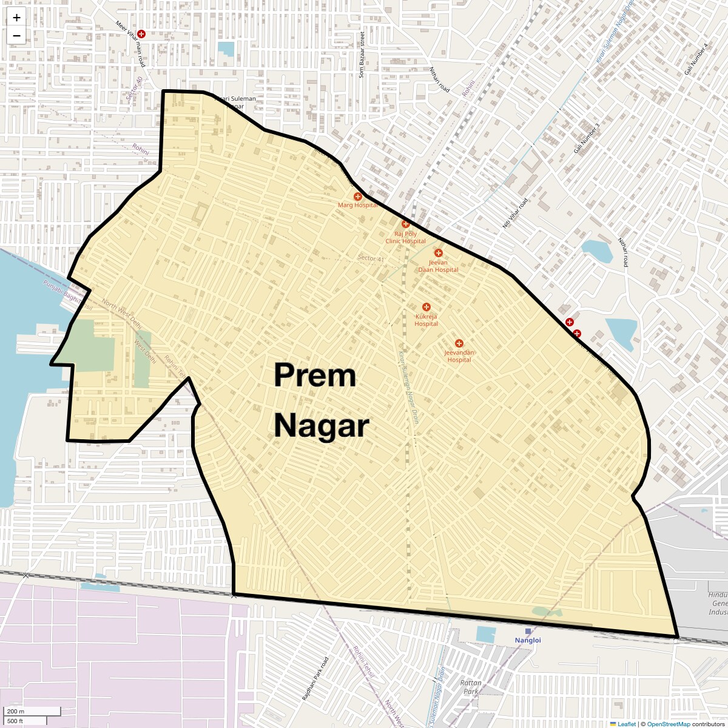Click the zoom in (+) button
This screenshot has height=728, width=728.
point(16,18)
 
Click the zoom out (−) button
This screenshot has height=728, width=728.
point(16,36)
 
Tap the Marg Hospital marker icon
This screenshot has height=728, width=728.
point(358,197)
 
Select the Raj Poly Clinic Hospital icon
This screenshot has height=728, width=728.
point(406,224)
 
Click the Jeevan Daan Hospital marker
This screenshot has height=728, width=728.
point(439,253)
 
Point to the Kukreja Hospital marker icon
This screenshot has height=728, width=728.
point(426,308)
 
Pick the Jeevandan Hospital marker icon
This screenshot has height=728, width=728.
point(459,344)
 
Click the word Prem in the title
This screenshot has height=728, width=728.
point(315,376)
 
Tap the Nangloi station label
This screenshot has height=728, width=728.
point(528,640)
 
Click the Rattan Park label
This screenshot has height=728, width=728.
point(471,687)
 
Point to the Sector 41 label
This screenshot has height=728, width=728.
point(371,258)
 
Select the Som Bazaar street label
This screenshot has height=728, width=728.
point(362,55)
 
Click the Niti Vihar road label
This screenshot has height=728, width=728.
point(514,214)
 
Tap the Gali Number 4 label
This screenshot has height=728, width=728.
point(696,60)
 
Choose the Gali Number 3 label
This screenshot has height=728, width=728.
point(587,138)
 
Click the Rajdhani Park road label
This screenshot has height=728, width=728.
point(315,679)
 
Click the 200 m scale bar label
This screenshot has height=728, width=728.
point(16,712)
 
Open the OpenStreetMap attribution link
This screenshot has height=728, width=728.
point(668,724)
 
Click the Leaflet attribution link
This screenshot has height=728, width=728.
point(627,724)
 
